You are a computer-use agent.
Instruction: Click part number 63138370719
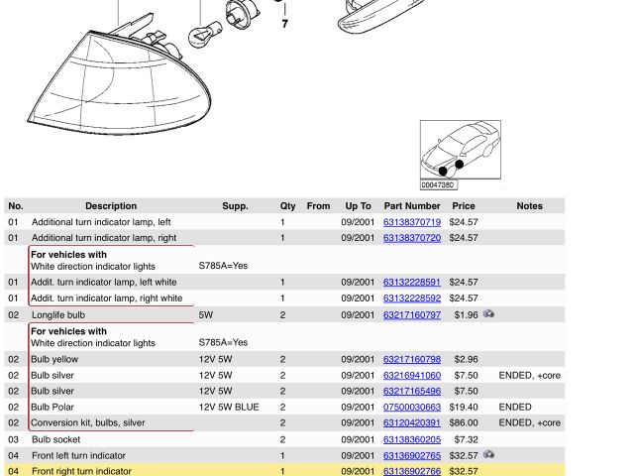point(412,222)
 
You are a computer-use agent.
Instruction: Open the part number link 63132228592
point(412,298)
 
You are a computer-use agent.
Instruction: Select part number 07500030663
point(412,408)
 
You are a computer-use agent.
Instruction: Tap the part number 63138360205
point(412,439)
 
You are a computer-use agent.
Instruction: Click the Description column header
point(111,206)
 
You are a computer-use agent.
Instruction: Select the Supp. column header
point(235,206)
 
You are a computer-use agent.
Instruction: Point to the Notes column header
point(529,206)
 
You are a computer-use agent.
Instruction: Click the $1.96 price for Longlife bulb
point(466,315)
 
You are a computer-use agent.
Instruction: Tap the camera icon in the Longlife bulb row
point(488,313)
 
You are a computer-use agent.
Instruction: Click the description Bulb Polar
point(53,408)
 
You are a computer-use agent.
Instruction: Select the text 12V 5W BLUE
point(229,408)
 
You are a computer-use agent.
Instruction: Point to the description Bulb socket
point(55,439)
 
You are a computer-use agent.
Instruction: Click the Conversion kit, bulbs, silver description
point(88,423)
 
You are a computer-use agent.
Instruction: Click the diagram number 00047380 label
point(437,185)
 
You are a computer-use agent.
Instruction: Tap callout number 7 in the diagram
point(285,24)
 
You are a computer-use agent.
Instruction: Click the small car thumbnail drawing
point(461,150)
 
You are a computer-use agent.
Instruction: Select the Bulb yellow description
point(54,359)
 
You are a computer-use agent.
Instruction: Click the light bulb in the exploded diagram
point(205,35)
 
